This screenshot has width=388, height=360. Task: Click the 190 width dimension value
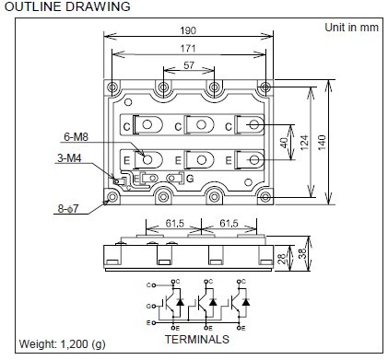click(x=188, y=30)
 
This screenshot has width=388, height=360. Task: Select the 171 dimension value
click(x=188, y=48)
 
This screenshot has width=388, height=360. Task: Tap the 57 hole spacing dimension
click(x=189, y=65)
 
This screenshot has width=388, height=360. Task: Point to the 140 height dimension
click(x=322, y=142)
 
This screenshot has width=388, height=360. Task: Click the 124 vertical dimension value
click(x=304, y=142)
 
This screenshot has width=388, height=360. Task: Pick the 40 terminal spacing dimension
click(x=284, y=143)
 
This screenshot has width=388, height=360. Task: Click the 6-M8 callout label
click(x=76, y=136)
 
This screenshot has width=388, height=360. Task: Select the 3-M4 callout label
click(x=69, y=158)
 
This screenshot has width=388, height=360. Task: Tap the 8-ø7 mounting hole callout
click(x=68, y=209)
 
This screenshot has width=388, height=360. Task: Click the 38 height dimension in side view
click(x=302, y=253)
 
